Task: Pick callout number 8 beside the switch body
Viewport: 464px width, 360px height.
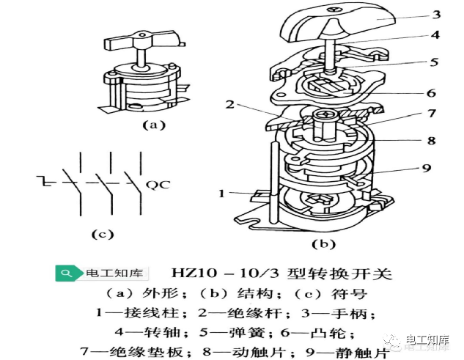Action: coord(432,139)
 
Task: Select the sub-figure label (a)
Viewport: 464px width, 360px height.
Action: coord(152,125)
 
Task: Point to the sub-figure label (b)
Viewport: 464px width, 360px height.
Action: coord(323,243)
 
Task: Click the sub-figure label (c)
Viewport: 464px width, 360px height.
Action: coord(101,235)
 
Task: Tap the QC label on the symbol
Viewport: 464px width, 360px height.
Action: coord(158,184)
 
